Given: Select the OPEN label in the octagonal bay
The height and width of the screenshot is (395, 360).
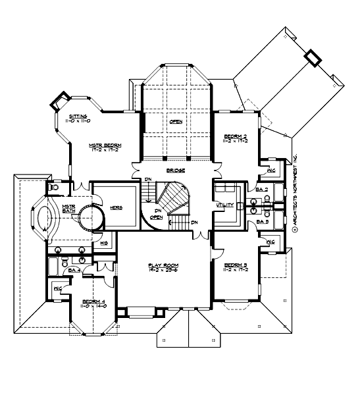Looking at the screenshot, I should click(176, 122).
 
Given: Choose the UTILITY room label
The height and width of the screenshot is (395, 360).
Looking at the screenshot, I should click(226, 205).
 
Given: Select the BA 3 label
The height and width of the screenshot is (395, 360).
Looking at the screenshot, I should click(260, 223).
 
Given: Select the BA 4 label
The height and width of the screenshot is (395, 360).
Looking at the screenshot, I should click(74, 270).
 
